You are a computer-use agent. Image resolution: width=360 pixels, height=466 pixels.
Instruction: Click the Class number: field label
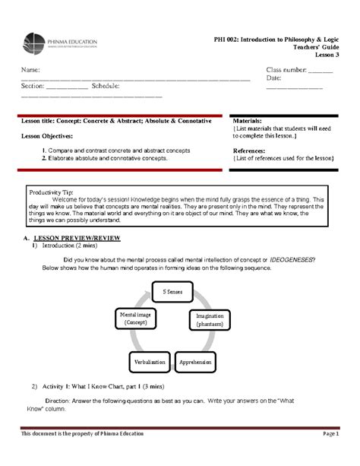(x=286, y=71)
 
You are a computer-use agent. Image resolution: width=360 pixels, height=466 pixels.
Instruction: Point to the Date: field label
(x=274, y=78)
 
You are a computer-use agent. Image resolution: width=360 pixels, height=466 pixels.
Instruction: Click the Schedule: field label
(x=106, y=87)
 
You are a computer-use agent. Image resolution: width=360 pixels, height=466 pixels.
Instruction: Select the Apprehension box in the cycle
(x=195, y=363)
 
